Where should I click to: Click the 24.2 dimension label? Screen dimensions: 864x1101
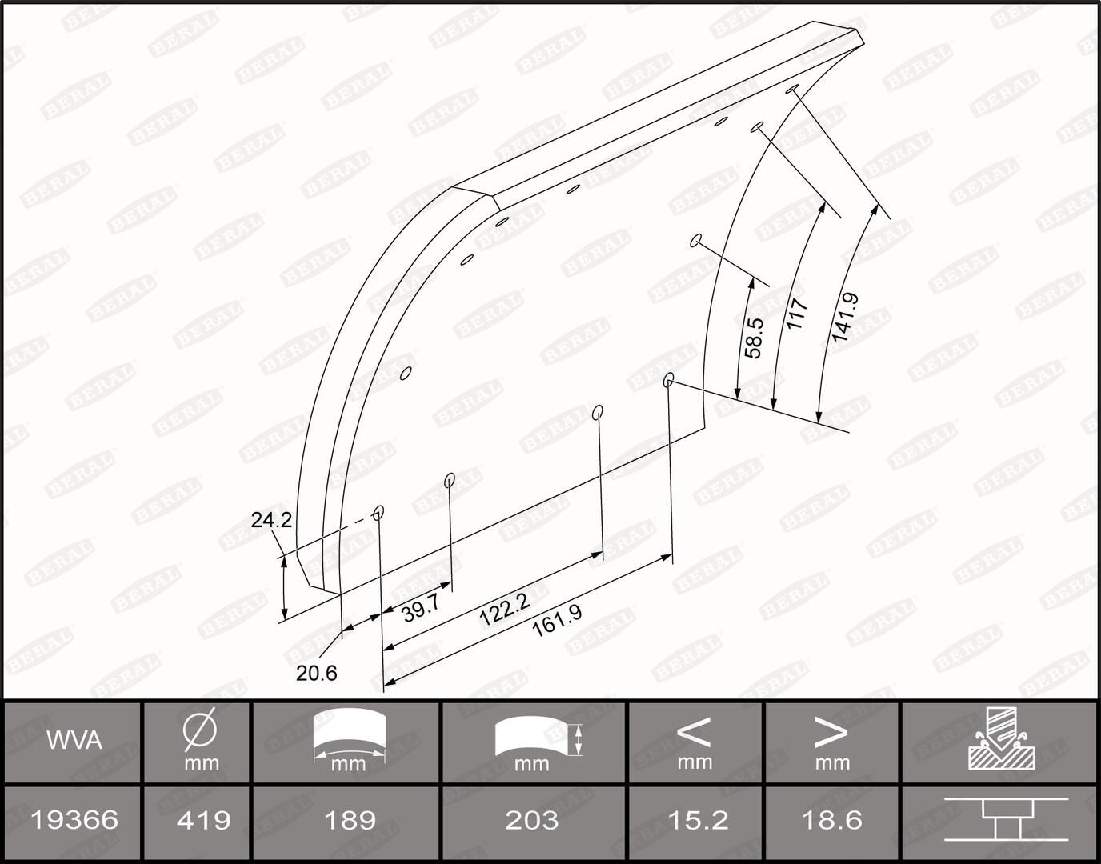click(271, 520)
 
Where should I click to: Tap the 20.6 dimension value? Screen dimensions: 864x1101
click(317, 674)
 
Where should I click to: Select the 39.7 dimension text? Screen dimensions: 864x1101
click(421, 610)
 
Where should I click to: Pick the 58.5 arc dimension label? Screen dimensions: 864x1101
click(754, 338)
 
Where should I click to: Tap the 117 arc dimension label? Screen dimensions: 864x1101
click(797, 314)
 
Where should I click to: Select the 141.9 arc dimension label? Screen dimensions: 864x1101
click(844, 318)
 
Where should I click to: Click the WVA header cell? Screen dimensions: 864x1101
click(74, 741)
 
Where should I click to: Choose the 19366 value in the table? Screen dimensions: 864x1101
click(74, 820)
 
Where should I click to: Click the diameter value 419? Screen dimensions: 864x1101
click(203, 820)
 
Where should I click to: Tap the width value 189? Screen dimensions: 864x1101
click(350, 820)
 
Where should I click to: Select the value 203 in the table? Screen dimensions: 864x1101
click(532, 820)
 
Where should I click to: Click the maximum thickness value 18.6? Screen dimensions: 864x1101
click(831, 820)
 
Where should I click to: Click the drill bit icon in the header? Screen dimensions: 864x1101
click(1001, 739)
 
